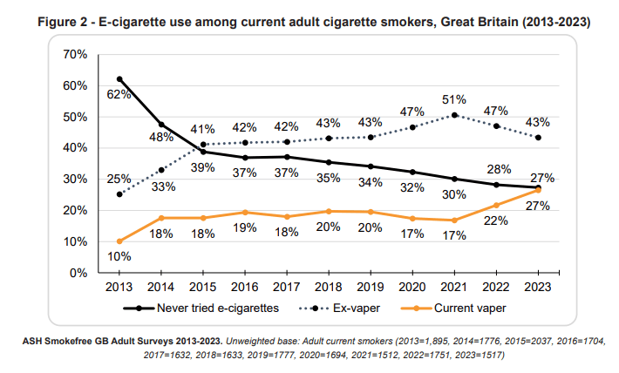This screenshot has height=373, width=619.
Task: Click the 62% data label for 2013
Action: [119, 95]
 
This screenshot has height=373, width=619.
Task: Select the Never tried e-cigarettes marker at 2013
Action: [119, 79]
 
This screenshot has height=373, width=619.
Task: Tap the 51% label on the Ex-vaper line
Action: [453, 100]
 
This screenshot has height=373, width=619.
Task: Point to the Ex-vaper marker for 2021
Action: [453, 115]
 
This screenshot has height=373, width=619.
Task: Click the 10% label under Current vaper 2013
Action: [119, 256]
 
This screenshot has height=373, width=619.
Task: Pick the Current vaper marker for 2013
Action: [119, 241]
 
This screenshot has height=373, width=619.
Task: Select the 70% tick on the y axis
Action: [74, 55]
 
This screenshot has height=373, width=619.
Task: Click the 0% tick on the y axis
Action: [78, 273]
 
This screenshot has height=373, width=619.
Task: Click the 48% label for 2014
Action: [161, 138]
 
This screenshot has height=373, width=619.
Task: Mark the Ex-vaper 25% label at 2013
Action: [119, 179]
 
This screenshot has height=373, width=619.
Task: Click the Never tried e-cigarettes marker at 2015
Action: [203, 152]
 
